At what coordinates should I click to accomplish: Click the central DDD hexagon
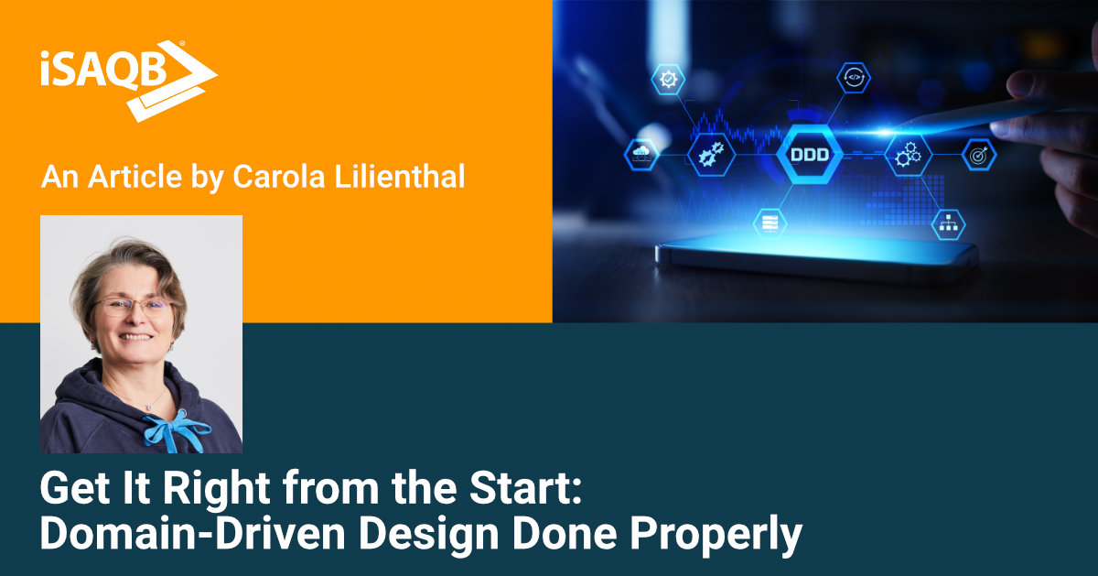pyautogui.click(x=810, y=155)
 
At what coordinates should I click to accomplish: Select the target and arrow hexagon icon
pyautogui.click(x=978, y=155)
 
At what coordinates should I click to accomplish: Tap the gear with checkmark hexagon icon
pyautogui.click(x=668, y=79)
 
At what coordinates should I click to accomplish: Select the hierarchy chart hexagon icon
pyautogui.click(x=948, y=223)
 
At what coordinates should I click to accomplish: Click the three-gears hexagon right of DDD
pyautogui.click(x=908, y=156)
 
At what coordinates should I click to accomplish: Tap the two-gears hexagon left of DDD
pyautogui.click(x=711, y=155)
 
